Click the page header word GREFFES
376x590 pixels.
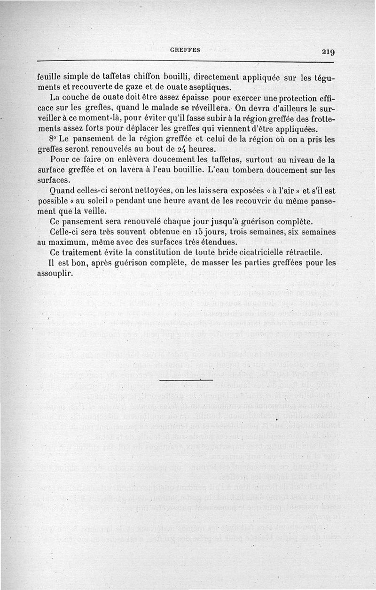coord(185,50)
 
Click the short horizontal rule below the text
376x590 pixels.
coord(186,379)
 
